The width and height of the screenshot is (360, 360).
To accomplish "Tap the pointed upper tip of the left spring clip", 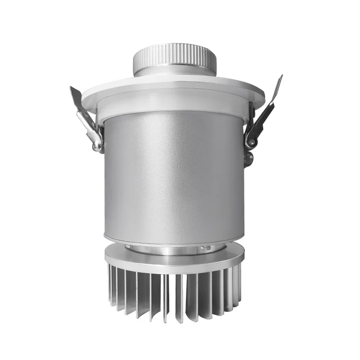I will tap(72, 89).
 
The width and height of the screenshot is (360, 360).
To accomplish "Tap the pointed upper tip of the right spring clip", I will tap(280, 77).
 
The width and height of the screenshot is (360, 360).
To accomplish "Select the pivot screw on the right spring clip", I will tap(251, 143).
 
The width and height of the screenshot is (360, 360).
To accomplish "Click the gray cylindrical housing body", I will tap(174, 175).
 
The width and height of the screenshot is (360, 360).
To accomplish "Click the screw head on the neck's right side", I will tap(205, 247).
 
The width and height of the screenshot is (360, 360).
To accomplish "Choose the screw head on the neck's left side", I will tap(129, 247).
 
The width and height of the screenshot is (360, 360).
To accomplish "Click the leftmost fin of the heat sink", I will tap(111, 283).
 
